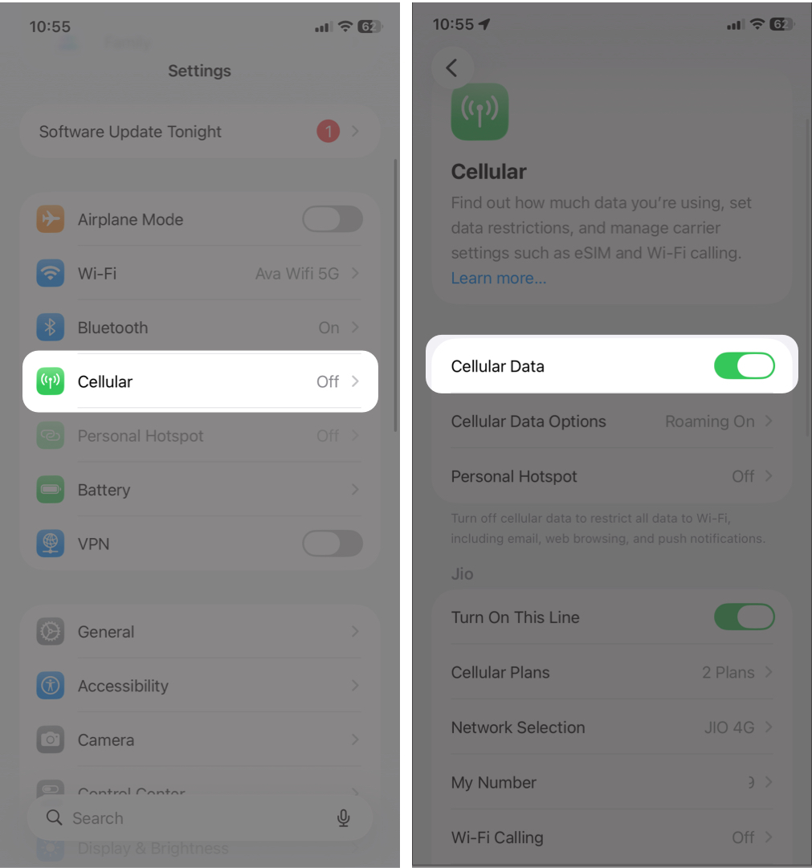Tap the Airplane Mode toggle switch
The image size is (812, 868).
click(x=332, y=219)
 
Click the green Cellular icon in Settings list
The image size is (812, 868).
click(x=51, y=381)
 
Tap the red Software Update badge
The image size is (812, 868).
click(x=328, y=132)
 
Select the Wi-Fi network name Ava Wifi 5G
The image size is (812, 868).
click(x=297, y=274)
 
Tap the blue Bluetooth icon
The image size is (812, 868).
click(x=51, y=328)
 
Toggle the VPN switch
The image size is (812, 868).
click(x=332, y=544)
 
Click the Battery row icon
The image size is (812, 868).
click(x=51, y=490)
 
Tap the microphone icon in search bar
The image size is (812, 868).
click(x=344, y=818)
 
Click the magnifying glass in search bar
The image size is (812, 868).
click(x=55, y=818)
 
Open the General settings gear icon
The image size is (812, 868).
click(x=51, y=632)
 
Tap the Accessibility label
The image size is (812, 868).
click(x=123, y=687)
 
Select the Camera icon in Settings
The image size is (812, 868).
click(x=51, y=740)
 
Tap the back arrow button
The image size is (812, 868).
click(x=451, y=68)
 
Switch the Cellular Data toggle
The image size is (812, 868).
click(x=744, y=366)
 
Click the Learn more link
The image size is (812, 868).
click(x=498, y=279)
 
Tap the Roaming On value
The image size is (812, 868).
click(x=709, y=422)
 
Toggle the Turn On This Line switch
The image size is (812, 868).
click(x=744, y=617)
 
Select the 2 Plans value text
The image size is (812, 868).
click(x=728, y=673)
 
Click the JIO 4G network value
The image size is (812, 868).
click(x=728, y=727)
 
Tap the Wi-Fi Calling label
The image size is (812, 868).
click(x=497, y=837)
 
